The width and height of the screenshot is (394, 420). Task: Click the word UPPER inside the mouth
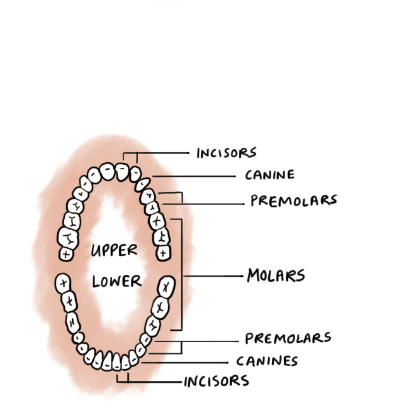tap(114, 250)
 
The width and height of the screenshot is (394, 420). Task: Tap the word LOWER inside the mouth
tap(116, 280)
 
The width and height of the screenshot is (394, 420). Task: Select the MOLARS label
tap(276, 275)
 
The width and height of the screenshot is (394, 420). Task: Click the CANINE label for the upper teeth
tap(269, 174)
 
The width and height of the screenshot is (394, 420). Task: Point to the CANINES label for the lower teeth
tap(267, 361)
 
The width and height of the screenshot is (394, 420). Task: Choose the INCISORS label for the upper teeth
tap(226, 153)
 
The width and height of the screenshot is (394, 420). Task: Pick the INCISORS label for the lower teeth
tap(217, 381)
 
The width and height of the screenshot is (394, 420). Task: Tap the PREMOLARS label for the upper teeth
tap(293, 201)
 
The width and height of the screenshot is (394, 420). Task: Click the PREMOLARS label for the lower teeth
tap(288, 338)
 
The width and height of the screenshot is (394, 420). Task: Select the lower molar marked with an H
tap(73, 322)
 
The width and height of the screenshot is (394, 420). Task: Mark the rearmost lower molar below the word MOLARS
tap(166, 287)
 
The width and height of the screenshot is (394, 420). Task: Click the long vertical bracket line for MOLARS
tap(182, 275)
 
